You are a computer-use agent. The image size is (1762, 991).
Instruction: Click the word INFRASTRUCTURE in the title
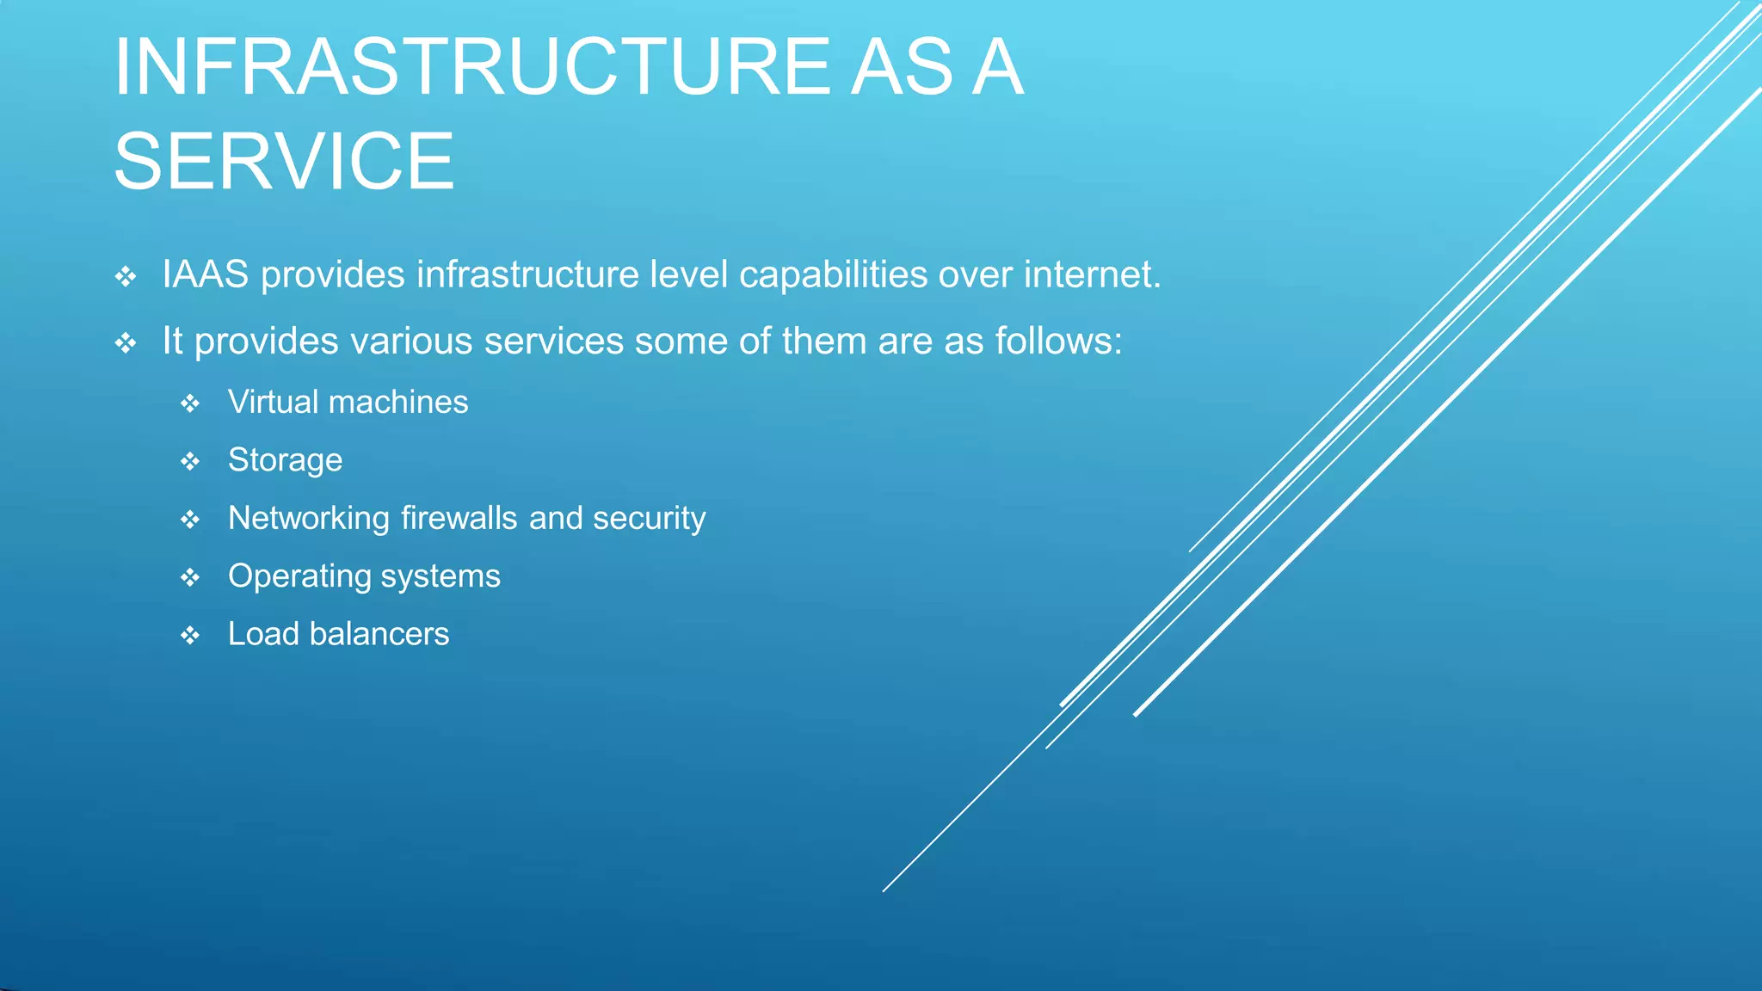click(x=471, y=67)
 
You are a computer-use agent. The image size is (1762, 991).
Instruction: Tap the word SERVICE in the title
click(x=284, y=162)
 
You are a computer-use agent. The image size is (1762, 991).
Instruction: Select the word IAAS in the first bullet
click(x=206, y=275)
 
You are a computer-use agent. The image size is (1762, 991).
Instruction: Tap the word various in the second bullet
click(x=412, y=342)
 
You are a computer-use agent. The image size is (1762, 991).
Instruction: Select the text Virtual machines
click(x=348, y=403)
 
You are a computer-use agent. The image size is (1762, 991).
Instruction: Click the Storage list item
click(x=285, y=461)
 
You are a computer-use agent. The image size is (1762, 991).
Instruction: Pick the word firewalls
click(x=459, y=519)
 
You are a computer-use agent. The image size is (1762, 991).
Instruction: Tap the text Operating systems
click(x=363, y=576)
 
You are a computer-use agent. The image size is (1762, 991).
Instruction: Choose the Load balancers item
click(x=338, y=634)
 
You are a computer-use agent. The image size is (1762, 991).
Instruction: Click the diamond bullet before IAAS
click(x=126, y=277)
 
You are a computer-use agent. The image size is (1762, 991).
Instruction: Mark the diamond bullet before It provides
click(x=126, y=344)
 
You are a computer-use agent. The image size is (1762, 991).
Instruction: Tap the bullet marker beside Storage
click(x=190, y=462)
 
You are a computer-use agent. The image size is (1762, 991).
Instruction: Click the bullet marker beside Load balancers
click(x=190, y=636)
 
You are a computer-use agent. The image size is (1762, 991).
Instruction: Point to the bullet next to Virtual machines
click(x=190, y=403)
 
